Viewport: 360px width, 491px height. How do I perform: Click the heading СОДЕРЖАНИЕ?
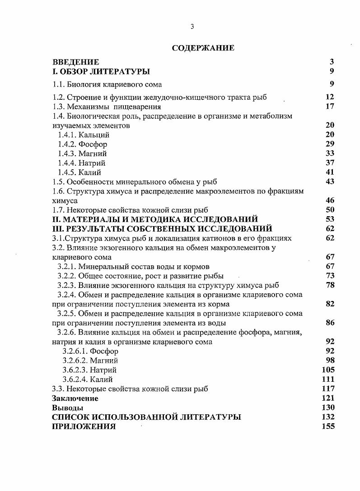click(203, 48)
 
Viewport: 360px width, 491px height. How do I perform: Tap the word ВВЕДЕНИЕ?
click(75, 62)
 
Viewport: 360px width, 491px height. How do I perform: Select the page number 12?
click(329, 97)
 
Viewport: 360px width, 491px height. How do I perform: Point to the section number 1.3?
click(59, 107)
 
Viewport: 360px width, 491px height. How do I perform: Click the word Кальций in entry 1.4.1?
click(94, 135)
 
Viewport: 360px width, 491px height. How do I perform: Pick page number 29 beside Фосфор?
click(330, 144)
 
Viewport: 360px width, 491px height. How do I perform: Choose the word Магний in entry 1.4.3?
click(93, 154)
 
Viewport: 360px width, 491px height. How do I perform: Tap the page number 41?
click(330, 172)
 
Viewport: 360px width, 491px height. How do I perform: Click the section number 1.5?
click(59, 182)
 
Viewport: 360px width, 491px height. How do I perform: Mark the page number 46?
click(330, 200)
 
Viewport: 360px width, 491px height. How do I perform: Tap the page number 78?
click(330, 285)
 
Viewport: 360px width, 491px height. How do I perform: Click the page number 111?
click(328, 380)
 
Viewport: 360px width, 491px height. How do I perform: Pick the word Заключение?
click(75, 398)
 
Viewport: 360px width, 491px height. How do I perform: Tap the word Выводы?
click(67, 408)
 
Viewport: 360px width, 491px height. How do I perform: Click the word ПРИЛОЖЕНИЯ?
click(84, 427)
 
